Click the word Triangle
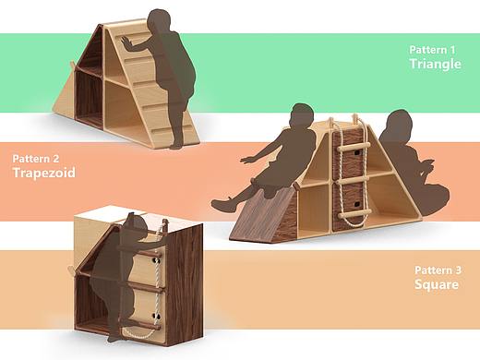pos(435,64)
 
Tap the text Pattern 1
pos(432,50)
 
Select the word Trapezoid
pos(44,173)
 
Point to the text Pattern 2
pos(36,159)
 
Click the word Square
pos(437,284)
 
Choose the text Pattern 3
pos(438,270)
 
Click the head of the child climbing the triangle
pos(159,21)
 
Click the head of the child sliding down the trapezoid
pos(302,114)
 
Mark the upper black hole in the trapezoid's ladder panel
pos(356,152)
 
